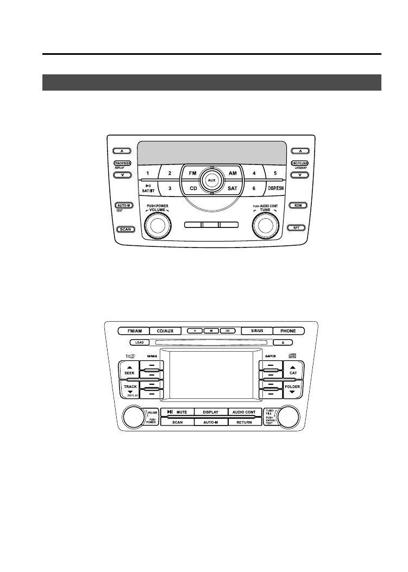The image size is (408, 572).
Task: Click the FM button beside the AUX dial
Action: click(x=192, y=173)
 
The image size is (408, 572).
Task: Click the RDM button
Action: click(x=297, y=206)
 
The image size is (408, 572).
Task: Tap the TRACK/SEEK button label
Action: click(x=122, y=163)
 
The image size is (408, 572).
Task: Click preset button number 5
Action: click(x=275, y=173)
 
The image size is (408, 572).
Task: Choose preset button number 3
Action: click(x=170, y=188)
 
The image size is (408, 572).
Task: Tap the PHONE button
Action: click(x=288, y=330)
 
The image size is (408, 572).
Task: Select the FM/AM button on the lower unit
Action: click(x=134, y=330)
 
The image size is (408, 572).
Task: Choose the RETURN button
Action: click(x=244, y=422)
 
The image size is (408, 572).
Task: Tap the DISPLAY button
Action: click(x=211, y=412)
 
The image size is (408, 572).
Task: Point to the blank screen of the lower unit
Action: click(x=211, y=377)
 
